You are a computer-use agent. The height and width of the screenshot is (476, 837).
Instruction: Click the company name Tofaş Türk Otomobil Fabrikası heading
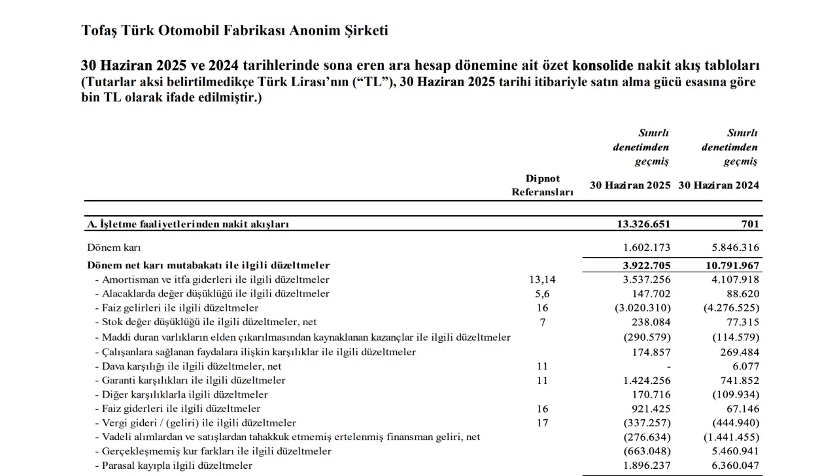(235, 31)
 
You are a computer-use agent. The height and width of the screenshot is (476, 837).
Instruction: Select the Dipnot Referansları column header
(542, 185)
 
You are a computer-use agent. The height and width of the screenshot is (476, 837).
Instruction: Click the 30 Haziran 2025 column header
(630, 185)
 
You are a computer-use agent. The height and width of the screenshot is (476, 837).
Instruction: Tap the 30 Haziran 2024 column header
(719, 185)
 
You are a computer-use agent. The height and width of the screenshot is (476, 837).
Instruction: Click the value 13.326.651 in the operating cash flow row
(643, 224)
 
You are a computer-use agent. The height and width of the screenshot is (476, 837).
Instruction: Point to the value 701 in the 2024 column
(751, 224)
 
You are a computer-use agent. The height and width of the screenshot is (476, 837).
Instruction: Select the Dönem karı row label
(114, 248)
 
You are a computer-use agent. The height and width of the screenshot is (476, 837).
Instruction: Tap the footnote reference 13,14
(541, 279)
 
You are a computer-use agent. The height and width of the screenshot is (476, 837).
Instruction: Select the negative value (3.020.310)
(643, 308)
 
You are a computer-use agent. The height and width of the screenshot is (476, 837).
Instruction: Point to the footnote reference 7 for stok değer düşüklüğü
(541, 322)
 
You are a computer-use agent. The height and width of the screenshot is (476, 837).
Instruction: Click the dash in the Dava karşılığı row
(667, 366)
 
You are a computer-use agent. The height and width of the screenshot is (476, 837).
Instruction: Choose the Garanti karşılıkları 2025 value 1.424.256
(645, 380)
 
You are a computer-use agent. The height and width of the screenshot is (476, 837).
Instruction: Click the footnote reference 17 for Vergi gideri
(541, 423)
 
